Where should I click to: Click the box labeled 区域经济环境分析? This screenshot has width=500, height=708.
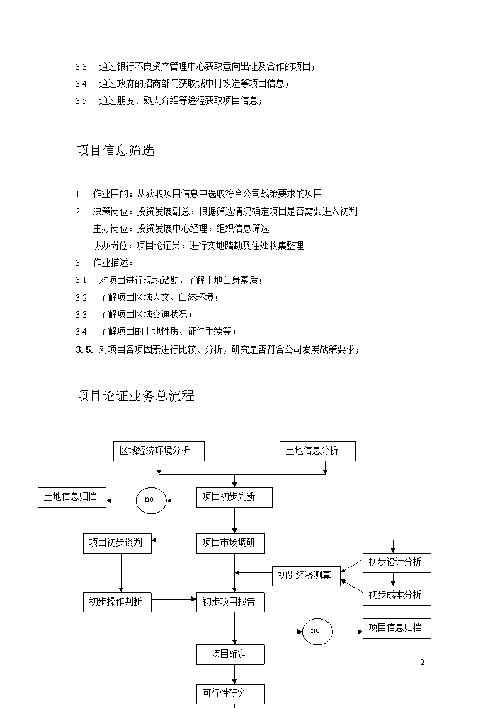(159, 451)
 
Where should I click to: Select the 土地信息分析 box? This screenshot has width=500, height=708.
(317, 451)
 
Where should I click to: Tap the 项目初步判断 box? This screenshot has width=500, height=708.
(234, 497)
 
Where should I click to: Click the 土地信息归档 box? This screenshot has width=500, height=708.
(72, 497)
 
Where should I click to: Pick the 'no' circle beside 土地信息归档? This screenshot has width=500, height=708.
(151, 501)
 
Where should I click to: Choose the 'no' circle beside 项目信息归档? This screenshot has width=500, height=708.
(317, 631)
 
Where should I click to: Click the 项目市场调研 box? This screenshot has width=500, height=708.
(230, 543)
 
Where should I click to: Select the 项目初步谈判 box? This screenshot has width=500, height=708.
(117, 543)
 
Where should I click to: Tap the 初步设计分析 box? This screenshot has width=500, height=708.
(397, 562)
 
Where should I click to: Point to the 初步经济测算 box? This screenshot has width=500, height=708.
(306, 576)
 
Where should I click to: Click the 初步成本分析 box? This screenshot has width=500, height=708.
(397, 596)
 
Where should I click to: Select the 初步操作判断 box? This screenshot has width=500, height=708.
(117, 602)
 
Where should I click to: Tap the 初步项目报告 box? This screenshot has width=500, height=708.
(230, 602)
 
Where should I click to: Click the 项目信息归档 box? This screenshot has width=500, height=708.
(397, 628)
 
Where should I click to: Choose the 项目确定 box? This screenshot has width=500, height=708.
(230, 654)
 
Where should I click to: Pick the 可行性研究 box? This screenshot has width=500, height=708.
(230, 694)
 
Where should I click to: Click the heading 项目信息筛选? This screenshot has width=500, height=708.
(115, 150)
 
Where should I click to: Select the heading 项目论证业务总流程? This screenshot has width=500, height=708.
(135, 396)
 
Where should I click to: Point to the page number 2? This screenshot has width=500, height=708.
(422, 663)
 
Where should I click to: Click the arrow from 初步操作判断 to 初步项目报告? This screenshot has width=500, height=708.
(174, 599)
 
